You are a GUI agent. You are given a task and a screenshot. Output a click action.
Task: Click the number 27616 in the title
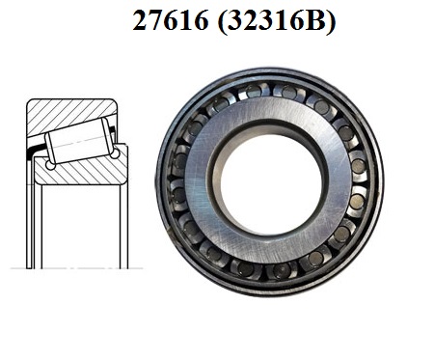171,19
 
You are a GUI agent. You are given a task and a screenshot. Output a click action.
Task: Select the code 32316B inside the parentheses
276,19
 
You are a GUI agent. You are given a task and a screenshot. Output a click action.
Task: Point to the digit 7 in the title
155,20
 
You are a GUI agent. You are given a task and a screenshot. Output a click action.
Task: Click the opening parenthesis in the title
222,21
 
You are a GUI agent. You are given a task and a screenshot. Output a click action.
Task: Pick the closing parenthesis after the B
331,21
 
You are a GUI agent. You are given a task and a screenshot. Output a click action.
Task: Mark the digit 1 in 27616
185,20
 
